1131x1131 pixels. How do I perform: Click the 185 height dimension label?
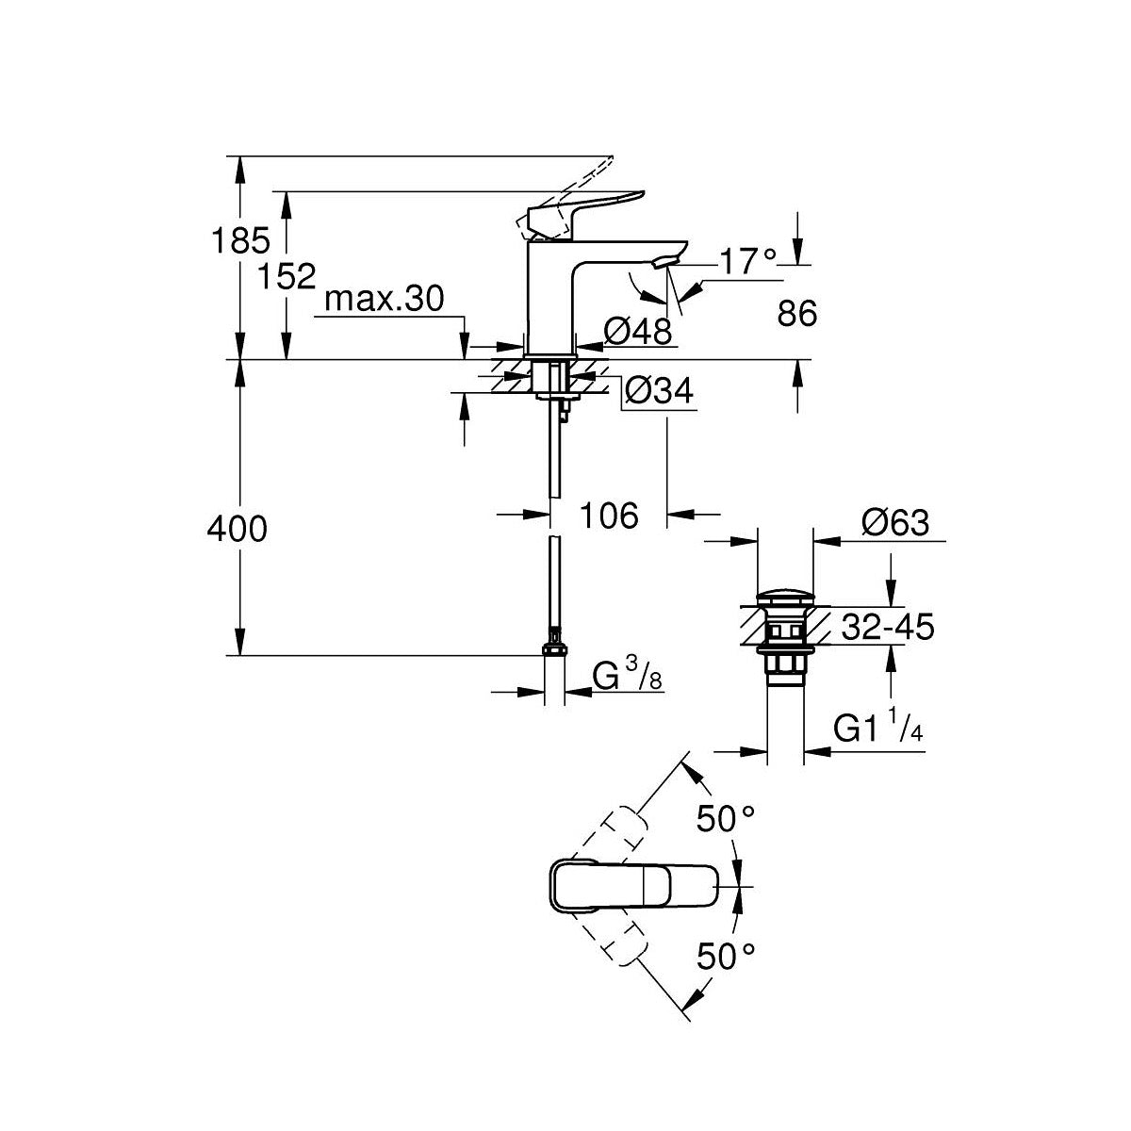click(240, 240)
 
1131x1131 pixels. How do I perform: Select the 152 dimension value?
click(287, 276)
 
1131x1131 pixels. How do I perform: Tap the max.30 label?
click(385, 300)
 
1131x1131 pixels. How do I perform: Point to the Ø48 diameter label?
click(637, 332)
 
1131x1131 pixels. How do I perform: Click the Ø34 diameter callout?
click(659, 390)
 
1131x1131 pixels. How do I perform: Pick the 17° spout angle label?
click(747, 261)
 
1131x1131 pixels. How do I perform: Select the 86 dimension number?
click(797, 314)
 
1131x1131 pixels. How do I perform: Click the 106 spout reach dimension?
click(609, 516)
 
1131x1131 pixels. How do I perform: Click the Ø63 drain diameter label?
click(895, 522)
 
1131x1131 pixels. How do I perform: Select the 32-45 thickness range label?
click(888, 627)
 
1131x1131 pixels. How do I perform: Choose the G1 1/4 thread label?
click(878, 729)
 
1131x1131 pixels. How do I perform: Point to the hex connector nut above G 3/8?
click(554, 648)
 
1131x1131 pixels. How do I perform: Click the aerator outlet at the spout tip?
click(666, 262)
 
